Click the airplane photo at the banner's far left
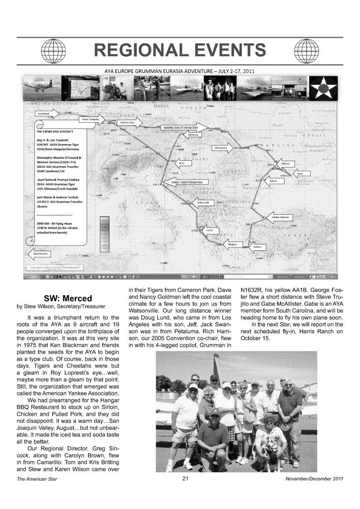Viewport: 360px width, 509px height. (x=40, y=88)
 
